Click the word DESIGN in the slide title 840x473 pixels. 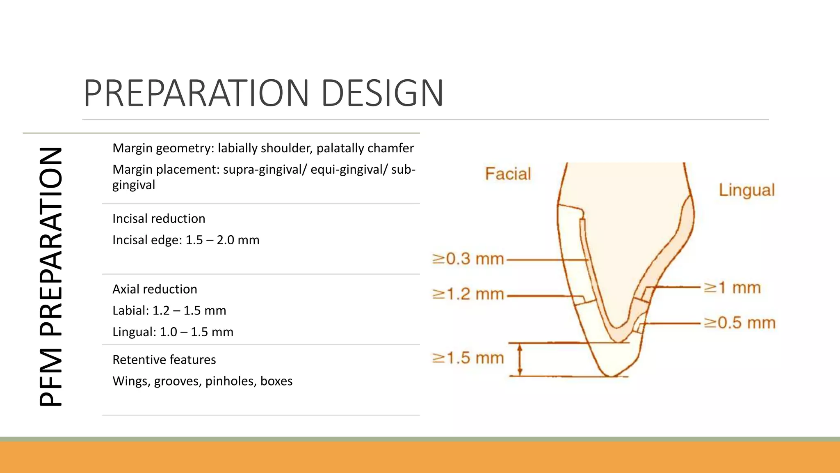(x=382, y=93)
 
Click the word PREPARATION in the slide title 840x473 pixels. (x=196, y=93)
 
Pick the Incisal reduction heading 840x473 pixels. (x=159, y=218)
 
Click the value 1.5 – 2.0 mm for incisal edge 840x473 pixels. (x=222, y=240)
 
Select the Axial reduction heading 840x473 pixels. (x=155, y=289)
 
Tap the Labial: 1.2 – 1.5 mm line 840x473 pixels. (x=169, y=310)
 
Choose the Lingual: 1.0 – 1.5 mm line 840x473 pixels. (x=173, y=332)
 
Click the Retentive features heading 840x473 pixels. (x=164, y=360)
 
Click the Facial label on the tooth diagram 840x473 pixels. (x=508, y=174)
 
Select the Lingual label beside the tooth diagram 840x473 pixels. (x=746, y=190)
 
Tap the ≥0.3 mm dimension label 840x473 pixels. (x=468, y=259)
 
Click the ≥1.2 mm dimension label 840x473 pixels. (x=468, y=294)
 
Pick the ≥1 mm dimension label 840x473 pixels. (x=732, y=287)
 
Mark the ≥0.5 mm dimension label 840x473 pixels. (x=740, y=323)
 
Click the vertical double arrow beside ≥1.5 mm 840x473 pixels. (x=520, y=360)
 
